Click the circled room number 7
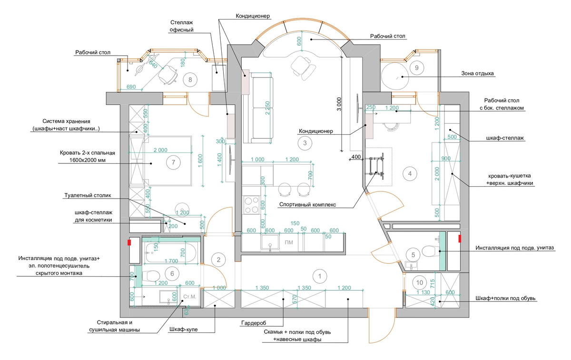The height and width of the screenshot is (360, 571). click(173, 162)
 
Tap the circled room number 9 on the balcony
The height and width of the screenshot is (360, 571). click(417, 68)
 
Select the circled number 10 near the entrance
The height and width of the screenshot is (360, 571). click(420, 282)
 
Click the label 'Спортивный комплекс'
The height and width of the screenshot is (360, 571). click(307, 204)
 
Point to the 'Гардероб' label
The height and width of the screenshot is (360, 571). click(253, 323)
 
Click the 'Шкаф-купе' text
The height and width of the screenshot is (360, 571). click(184, 330)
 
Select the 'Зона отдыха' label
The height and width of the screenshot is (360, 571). click(477, 73)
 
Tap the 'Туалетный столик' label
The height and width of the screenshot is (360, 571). click(88, 195)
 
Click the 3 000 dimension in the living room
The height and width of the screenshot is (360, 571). click(339, 104)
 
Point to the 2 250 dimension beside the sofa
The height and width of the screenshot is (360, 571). click(267, 108)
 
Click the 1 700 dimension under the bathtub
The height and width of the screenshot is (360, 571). click(171, 261)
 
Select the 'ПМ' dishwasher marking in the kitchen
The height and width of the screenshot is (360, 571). click(289, 242)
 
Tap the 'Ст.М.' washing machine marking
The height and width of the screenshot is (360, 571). click(190, 297)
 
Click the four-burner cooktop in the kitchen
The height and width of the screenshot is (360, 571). click(251, 205)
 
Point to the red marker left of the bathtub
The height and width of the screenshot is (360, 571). click(129, 242)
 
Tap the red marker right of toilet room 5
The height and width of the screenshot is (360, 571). click(460, 239)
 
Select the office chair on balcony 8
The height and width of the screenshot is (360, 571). click(167, 74)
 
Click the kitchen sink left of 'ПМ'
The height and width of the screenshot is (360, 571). click(270, 242)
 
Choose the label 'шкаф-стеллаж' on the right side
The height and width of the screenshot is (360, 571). click(505, 138)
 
